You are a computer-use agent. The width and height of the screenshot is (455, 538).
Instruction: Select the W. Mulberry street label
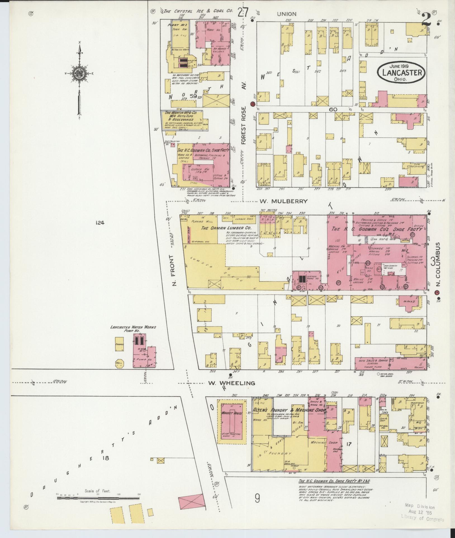283,201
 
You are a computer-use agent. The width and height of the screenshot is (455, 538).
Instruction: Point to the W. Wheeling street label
232,383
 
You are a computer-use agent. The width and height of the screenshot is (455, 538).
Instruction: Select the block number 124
99,223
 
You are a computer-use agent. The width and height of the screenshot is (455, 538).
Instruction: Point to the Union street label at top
287,14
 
